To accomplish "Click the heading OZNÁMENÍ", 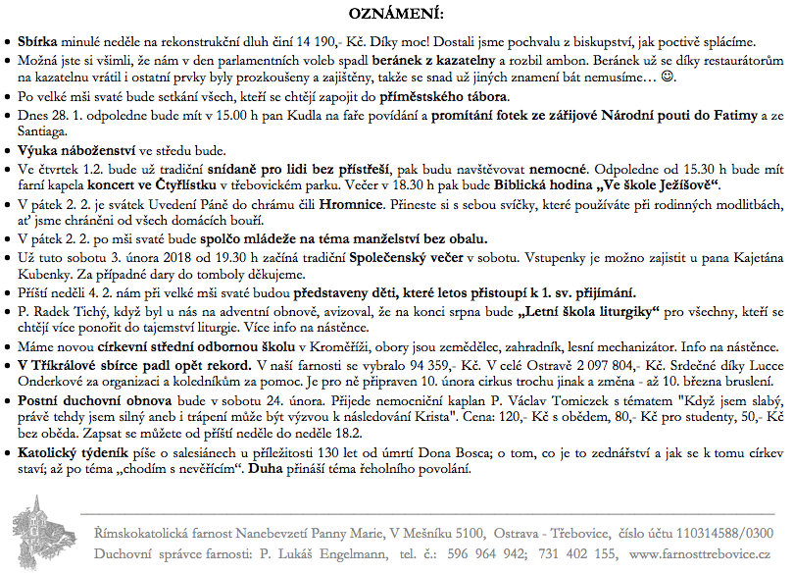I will point(395,15).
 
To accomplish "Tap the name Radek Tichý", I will point(83,313).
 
